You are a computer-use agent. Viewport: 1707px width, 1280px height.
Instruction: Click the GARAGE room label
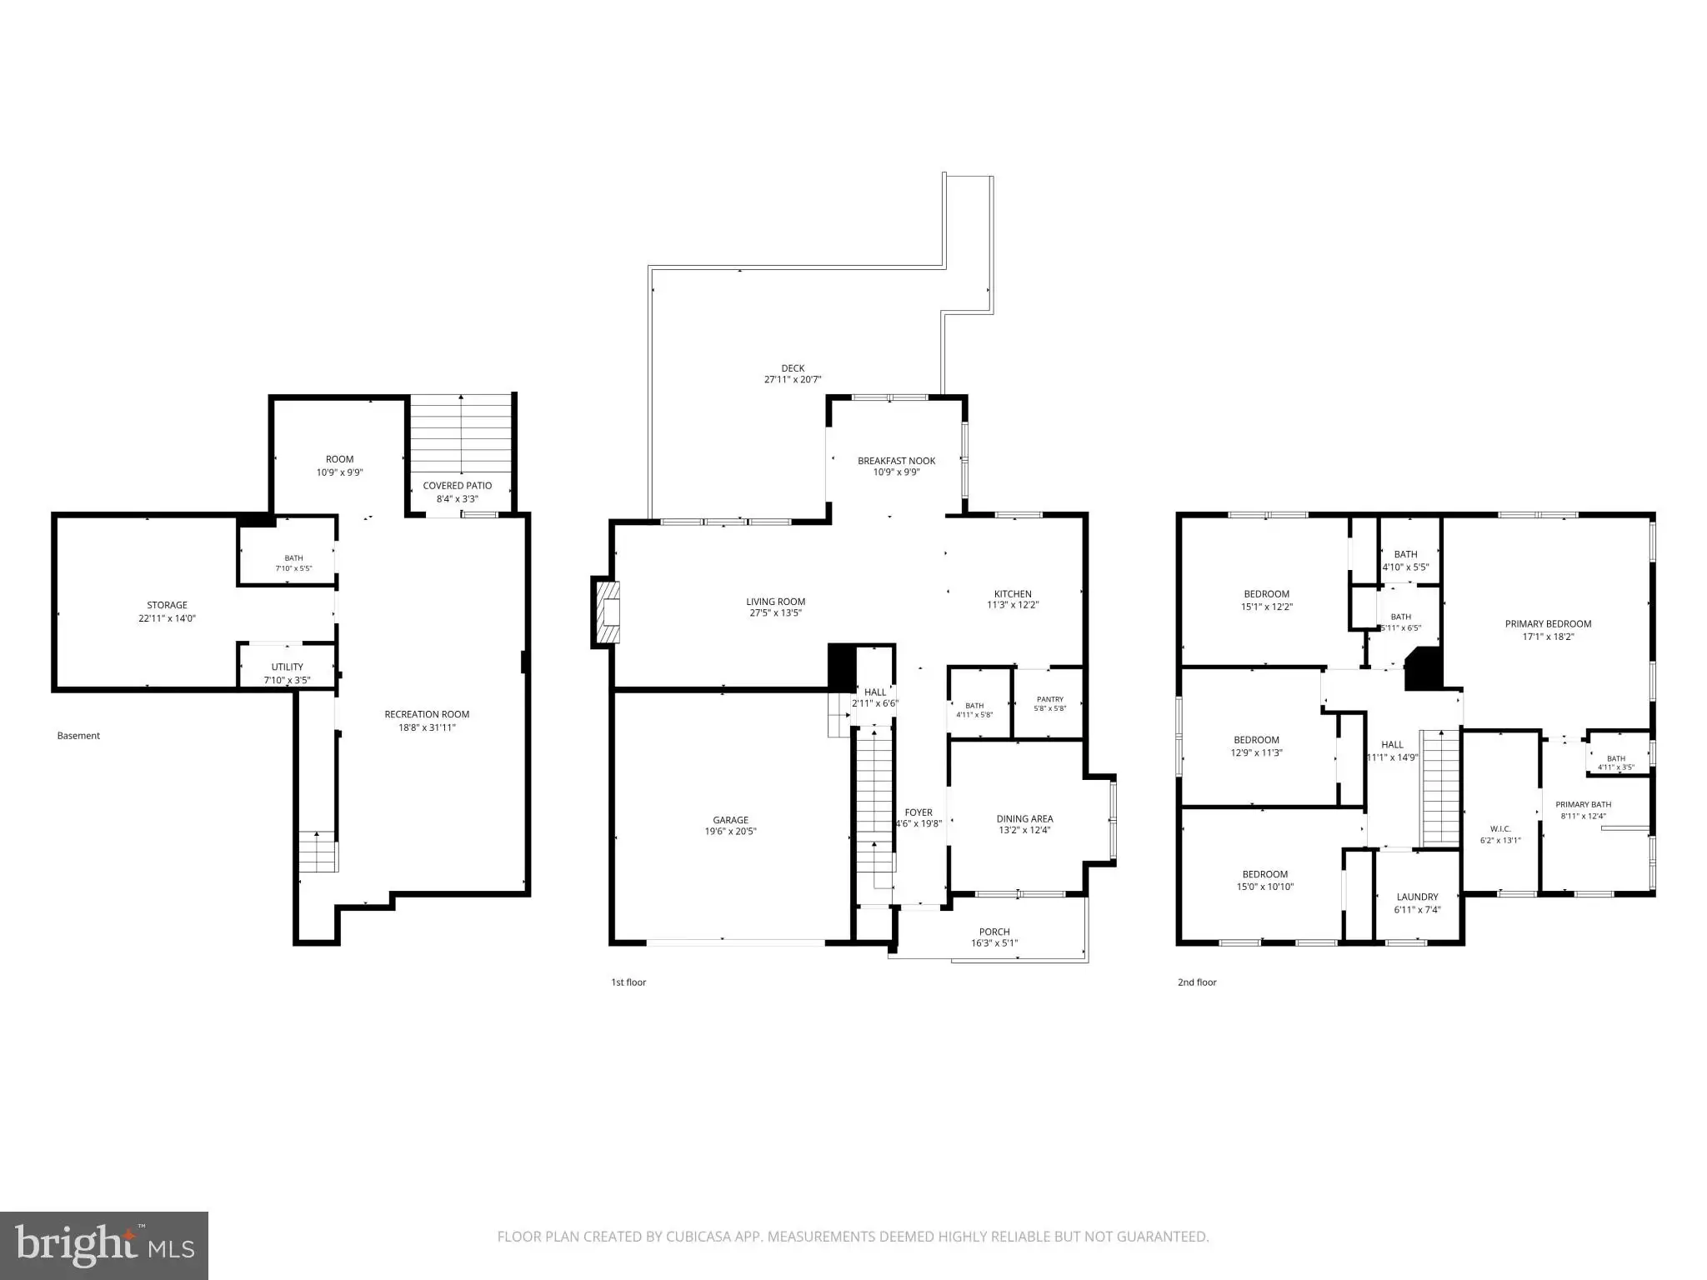[730, 820]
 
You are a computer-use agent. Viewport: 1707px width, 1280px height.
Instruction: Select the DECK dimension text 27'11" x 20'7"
[793, 379]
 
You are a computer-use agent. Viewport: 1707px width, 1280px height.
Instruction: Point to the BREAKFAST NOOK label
[897, 461]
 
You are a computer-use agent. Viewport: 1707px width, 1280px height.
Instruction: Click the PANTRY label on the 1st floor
[1050, 699]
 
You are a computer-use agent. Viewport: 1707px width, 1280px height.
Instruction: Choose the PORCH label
[994, 932]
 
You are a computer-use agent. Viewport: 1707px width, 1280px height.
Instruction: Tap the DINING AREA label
[1024, 818]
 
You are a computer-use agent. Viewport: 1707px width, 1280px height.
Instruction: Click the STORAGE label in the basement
[167, 605]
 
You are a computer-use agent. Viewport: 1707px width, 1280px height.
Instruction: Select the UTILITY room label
[287, 667]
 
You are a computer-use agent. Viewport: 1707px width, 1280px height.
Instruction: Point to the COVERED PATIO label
[457, 485]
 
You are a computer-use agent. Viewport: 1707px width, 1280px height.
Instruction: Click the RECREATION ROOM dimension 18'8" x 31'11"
[427, 727]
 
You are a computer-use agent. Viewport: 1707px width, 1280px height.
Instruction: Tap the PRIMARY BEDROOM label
[1548, 623]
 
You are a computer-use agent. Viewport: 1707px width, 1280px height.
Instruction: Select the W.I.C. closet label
[1500, 829]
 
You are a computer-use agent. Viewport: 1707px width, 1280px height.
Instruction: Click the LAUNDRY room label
[1417, 897]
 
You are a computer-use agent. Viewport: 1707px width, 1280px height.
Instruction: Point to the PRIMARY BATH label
[1583, 805]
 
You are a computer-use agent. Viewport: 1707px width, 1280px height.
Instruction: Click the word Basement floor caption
[78, 736]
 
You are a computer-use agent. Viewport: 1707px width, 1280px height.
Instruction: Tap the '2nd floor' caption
[1197, 982]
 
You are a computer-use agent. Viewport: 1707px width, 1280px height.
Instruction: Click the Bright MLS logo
[104, 1246]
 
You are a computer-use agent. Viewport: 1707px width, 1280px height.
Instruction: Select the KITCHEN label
[1013, 594]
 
